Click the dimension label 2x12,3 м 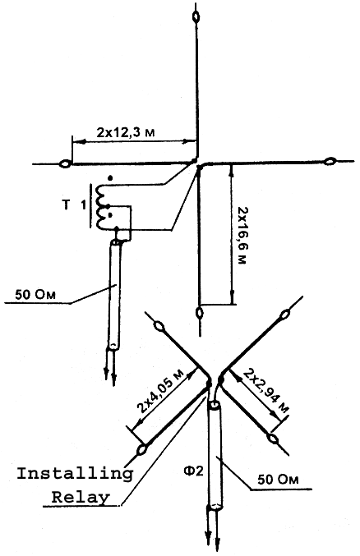[x=126, y=132]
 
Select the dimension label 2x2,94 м [x=266, y=391]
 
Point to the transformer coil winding [x=102, y=208]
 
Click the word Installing [x=76, y=475]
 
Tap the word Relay [x=81, y=497]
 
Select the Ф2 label [x=193, y=471]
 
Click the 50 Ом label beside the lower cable [x=278, y=480]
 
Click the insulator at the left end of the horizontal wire [x=66, y=164]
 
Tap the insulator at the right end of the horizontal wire [x=330, y=161]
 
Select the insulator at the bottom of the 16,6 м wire [x=200, y=313]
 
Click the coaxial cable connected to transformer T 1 [x=114, y=294]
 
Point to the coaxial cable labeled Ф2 [x=215, y=457]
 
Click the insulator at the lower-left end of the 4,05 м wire [x=142, y=449]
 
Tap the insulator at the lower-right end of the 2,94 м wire [x=273, y=438]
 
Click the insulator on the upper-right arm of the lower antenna [x=285, y=315]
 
